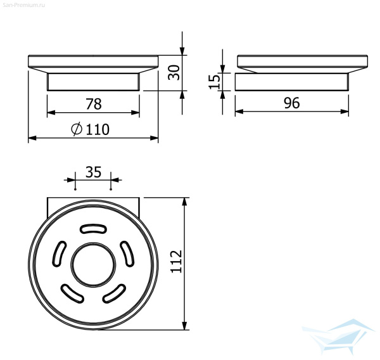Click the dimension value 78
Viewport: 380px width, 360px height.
point(94,104)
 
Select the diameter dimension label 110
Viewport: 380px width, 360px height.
point(98,129)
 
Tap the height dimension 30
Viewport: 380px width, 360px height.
point(174,72)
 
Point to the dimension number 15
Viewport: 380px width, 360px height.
point(214,82)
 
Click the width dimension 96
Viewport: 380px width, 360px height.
point(292,103)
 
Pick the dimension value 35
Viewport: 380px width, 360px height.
point(93,172)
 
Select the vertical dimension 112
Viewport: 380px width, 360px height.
point(176,261)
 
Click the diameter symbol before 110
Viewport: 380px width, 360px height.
point(77,129)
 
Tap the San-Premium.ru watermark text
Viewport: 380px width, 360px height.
point(24,5)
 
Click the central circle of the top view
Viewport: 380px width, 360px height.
point(93,264)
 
